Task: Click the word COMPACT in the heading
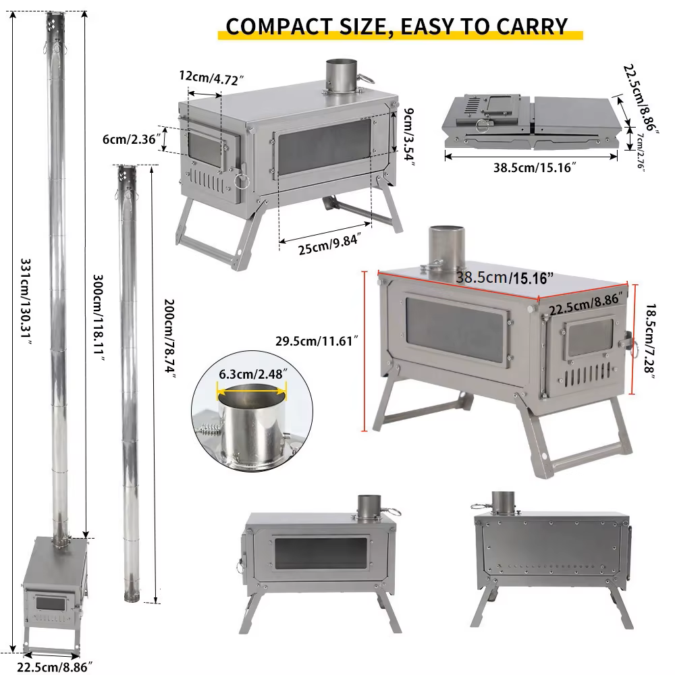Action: point(279,27)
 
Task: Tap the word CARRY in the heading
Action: point(532,27)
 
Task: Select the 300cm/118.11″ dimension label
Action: point(99,318)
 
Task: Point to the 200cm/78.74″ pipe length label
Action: point(170,338)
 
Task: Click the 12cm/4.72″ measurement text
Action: point(211,78)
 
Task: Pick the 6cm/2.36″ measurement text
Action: point(132,139)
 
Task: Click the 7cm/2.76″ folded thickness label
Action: point(641,152)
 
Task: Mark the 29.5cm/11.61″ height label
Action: point(317,341)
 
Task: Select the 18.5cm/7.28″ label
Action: point(650,342)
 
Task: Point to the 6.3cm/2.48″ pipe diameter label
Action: point(253,374)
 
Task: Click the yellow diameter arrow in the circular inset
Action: point(252,392)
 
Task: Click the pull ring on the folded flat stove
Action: point(483,126)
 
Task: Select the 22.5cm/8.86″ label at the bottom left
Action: point(55,667)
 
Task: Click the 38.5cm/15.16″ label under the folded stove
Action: point(535,167)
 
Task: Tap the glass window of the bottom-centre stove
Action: point(321,552)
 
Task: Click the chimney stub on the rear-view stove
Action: point(503,502)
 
